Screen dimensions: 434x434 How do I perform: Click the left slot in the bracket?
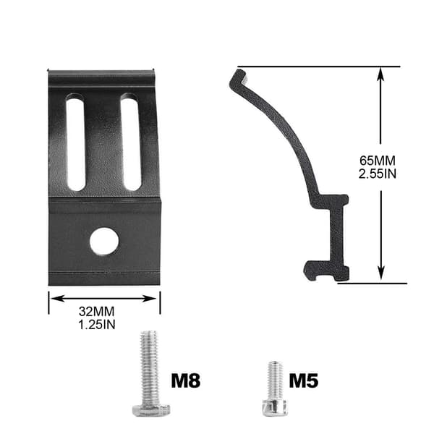click(x=75, y=142)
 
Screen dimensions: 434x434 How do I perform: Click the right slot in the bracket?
click(x=131, y=142)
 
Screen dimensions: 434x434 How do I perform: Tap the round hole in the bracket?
click(x=104, y=241)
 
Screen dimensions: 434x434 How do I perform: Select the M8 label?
click(x=185, y=380)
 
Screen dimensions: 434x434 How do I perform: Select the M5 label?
click(x=304, y=380)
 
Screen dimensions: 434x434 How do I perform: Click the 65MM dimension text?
click(x=378, y=161)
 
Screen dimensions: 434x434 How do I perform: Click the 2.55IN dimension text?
click(x=378, y=174)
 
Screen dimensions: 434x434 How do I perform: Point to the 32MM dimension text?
click(x=97, y=311)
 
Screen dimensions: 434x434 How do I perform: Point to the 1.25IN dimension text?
click(x=97, y=324)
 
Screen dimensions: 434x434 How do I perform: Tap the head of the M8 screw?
click(x=151, y=410)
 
